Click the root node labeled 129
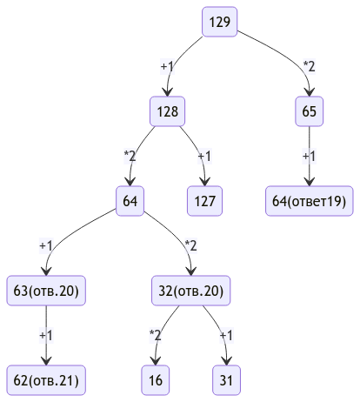click(219, 22)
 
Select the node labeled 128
click(167, 111)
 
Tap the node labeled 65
click(309, 111)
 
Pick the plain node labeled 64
click(130, 201)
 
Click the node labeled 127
click(204, 201)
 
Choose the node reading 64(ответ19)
click(309, 201)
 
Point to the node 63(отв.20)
click(46, 291)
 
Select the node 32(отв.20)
click(190, 291)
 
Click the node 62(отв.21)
click(46, 380)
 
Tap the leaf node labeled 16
click(156, 380)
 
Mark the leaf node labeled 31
click(226, 380)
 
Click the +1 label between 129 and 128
click(167, 66)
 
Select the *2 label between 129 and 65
click(309, 66)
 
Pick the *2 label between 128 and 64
click(130, 156)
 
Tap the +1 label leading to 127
click(204, 156)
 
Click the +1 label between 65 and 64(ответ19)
click(309, 156)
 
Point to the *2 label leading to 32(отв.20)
click(190, 245)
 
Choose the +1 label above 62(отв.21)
click(46, 335)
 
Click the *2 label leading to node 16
click(156, 335)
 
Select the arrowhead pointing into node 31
click(226, 361)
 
